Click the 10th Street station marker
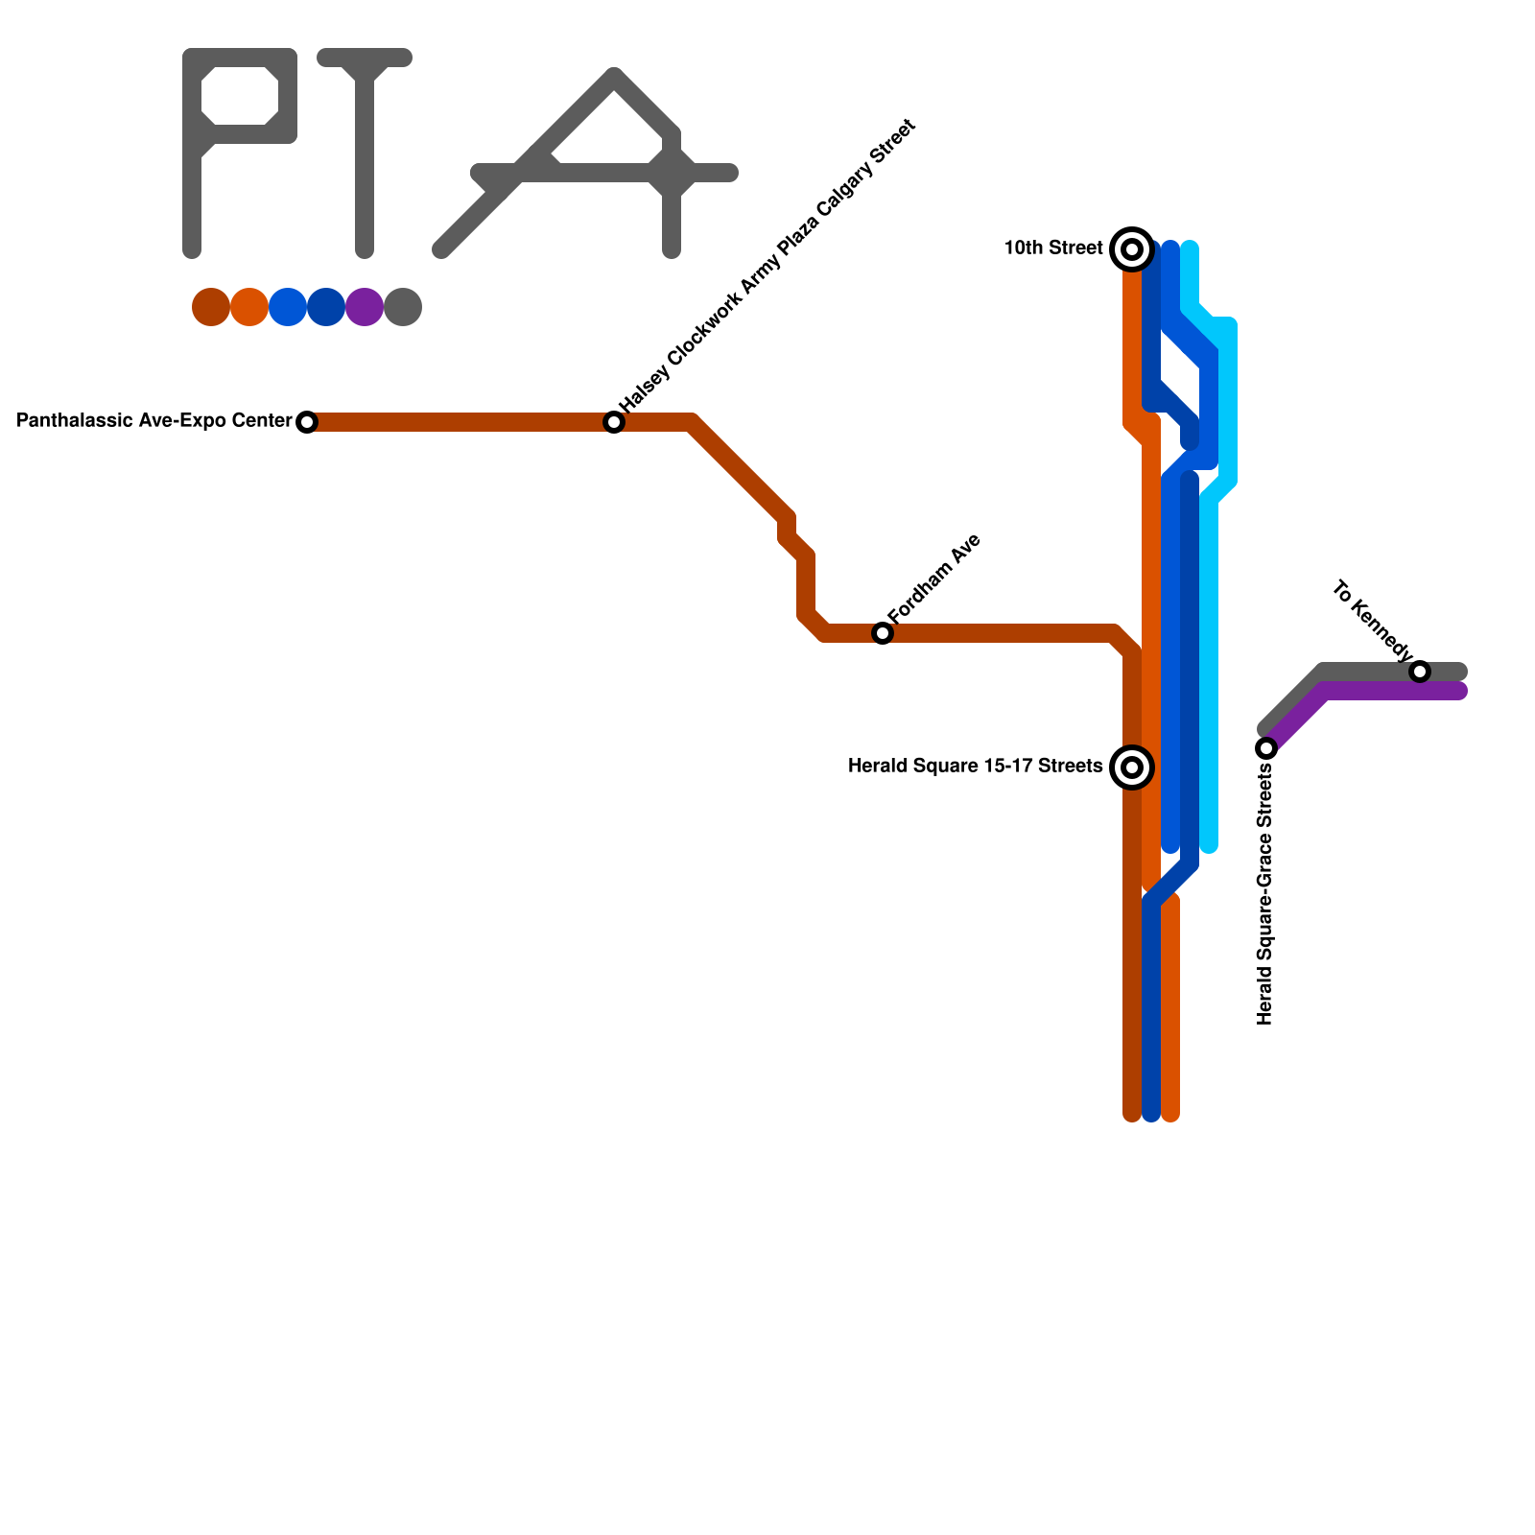click(x=1132, y=249)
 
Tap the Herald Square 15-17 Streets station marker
click(x=1132, y=767)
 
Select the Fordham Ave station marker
click(x=883, y=633)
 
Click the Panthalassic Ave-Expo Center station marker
click(x=307, y=422)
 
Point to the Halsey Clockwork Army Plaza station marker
click(x=614, y=422)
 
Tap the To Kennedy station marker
click(x=1420, y=672)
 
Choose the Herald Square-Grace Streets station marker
click(x=1266, y=748)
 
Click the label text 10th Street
click(x=1053, y=248)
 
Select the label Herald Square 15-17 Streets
click(x=975, y=767)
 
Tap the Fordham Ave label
click(x=934, y=579)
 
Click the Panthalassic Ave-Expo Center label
click(x=154, y=421)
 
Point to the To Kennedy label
click(x=1373, y=622)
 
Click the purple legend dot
click(x=365, y=307)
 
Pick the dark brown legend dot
click(x=211, y=307)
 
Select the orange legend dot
click(x=249, y=307)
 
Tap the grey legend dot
click(x=403, y=307)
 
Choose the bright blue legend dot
click(x=288, y=307)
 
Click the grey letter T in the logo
click(x=365, y=144)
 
